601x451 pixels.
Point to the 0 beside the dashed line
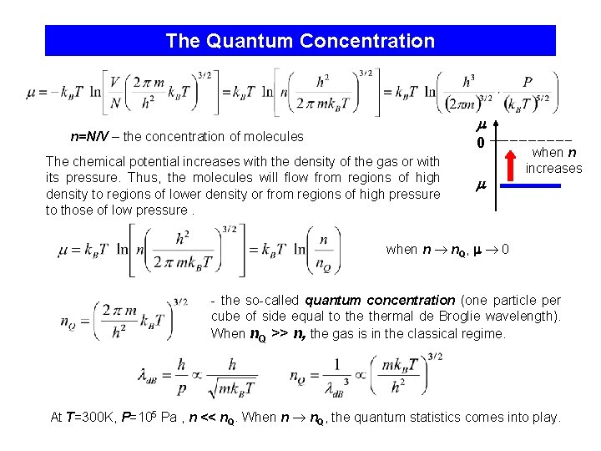point(481,143)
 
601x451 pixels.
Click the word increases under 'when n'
point(553,168)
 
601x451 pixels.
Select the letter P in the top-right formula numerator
point(527,82)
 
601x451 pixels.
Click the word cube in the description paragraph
point(224,317)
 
